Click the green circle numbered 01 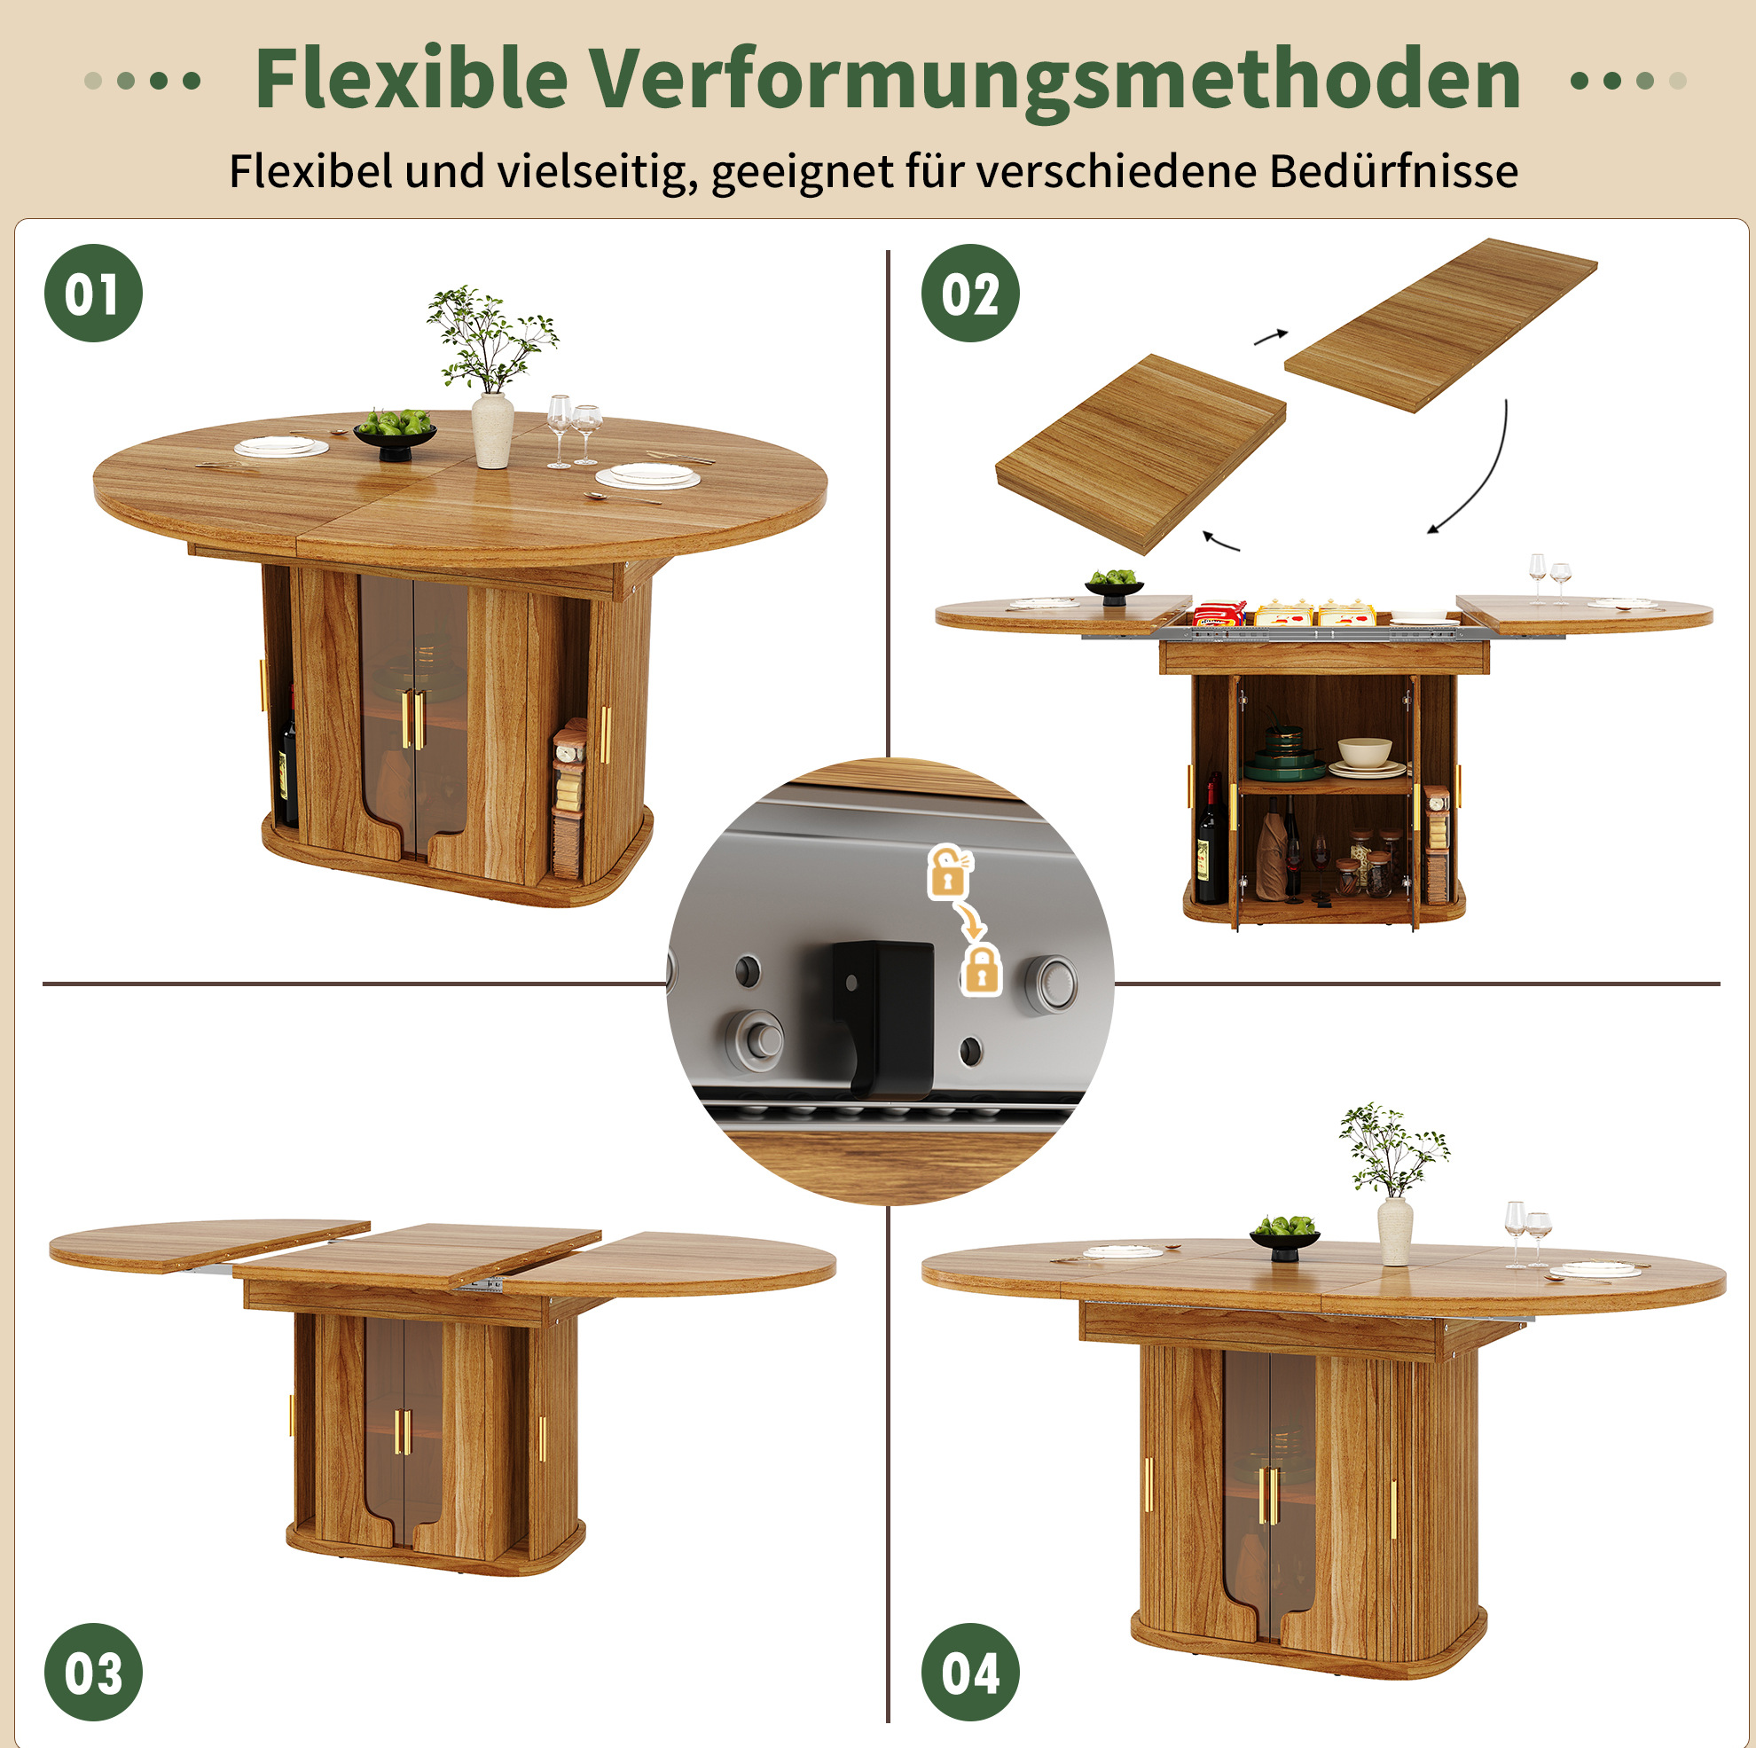click(94, 294)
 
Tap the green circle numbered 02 click(970, 294)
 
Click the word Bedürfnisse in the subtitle click(1393, 170)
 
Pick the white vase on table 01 click(492, 430)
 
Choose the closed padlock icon click(981, 969)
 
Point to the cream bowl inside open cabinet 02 click(1364, 752)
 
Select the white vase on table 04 click(1394, 1231)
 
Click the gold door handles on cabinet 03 click(403, 1431)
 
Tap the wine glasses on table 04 click(1527, 1234)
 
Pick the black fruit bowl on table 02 click(1113, 588)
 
